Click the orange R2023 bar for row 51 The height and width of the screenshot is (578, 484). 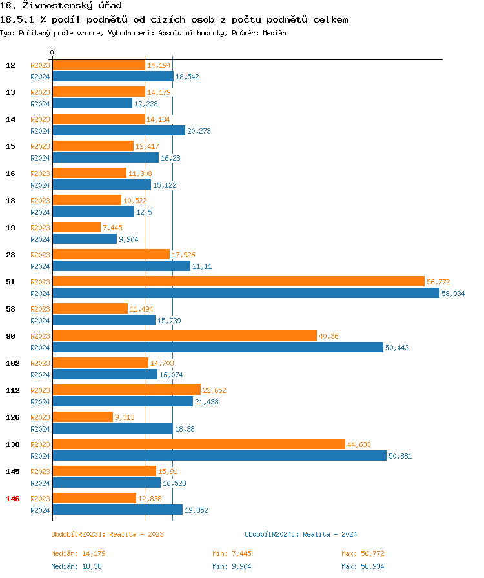pos(238,282)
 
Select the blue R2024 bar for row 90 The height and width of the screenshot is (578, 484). pos(217,347)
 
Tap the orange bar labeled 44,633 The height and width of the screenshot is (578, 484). pos(199,444)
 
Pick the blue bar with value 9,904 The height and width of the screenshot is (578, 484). pos(85,239)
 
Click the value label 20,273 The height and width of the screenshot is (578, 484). pos(199,131)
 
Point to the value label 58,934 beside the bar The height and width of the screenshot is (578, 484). pos(453,294)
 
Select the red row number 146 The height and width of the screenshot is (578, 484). pos(13,499)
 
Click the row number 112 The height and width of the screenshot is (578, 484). pos(13,390)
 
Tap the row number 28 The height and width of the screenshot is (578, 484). pos(11,255)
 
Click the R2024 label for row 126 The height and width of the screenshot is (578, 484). pos(40,428)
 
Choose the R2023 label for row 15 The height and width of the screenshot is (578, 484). pos(40,146)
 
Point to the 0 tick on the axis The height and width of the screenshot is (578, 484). pos(52,52)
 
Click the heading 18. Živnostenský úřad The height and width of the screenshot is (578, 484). pos(61,6)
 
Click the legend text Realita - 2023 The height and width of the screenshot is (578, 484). pos(136,534)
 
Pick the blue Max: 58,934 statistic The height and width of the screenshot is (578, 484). pos(363,566)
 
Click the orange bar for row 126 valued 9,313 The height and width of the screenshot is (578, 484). pos(83,417)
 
